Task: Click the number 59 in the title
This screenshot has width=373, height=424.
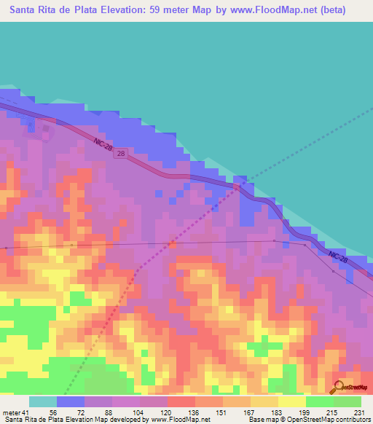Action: click(x=173, y=10)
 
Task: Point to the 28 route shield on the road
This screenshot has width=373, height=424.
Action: click(x=120, y=154)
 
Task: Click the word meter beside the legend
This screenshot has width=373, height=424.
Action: click(x=10, y=412)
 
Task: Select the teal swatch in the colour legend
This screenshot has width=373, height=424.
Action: click(x=43, y=401)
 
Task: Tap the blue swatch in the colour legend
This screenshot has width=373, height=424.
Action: click(x=71, y=401)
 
